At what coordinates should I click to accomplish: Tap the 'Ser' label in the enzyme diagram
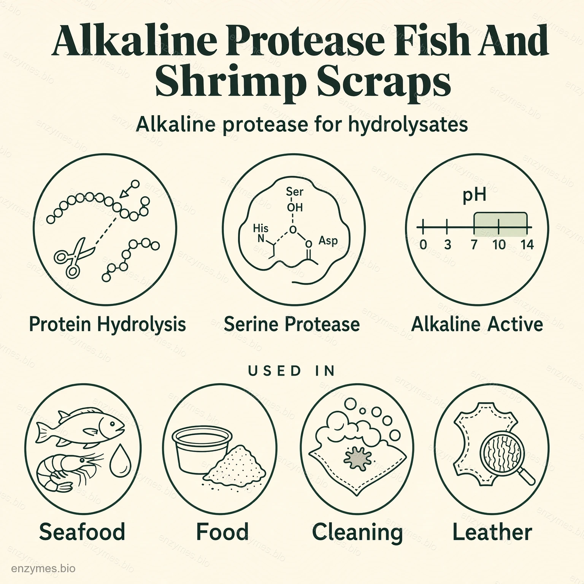[295, 192]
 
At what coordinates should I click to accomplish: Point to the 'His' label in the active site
[260, 228]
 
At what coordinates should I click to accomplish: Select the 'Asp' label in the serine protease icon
[328, 241]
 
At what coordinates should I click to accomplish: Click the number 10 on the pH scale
[499, 244]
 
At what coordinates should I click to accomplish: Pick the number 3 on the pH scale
[448, 244]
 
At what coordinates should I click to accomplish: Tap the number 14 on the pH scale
[527, 244]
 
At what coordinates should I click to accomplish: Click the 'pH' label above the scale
[474, 195]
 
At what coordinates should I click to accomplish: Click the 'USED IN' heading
[292, 371]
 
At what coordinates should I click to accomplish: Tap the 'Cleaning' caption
[357, 532]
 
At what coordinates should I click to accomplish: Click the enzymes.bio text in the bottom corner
[43, 569]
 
